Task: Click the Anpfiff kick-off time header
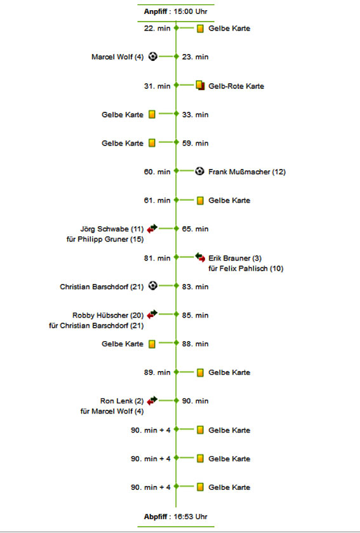pyautogui.click(x=176, y=11)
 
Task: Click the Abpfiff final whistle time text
pyautogui.click(x=176, y=516)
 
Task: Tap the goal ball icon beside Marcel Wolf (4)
pyautogui.click(x=153, y=57)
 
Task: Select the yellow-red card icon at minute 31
pyautogui.click(x=201, y=85)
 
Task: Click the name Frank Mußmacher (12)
pyautogui.click(x=247, y=172)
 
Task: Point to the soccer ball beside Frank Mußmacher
pyautogui.click(x=200, y=171)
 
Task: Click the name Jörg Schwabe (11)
pyautogui.click(x=112, y=229)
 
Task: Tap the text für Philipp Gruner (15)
pyautogui.click(x=105, y=240)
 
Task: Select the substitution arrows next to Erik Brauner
pyautogui.click(x=201, y=257)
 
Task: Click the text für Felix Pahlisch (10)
pyautogui.click(x=246, y=269)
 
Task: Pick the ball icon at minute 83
pyautogui.click(x=153, y=285)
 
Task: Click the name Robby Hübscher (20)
pyautogui.click(x=108, y=316)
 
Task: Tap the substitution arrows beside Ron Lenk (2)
pyautogui.click(x=152, y=400)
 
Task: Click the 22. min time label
pyautogui.click(x=157, y=29)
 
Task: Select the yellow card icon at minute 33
pyautogui.click(x=152, y=114)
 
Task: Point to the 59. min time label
pyautogui.click(x=196, y=144)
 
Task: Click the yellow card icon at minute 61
pyautogui.click(x=201, y=201)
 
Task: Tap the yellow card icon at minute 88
pyautogui.click(x=152, y=344)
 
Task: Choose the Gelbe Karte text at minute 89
pyautogui.click(x=229, y=372)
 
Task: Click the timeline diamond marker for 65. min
pyautogui.click(x=176, y=229)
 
